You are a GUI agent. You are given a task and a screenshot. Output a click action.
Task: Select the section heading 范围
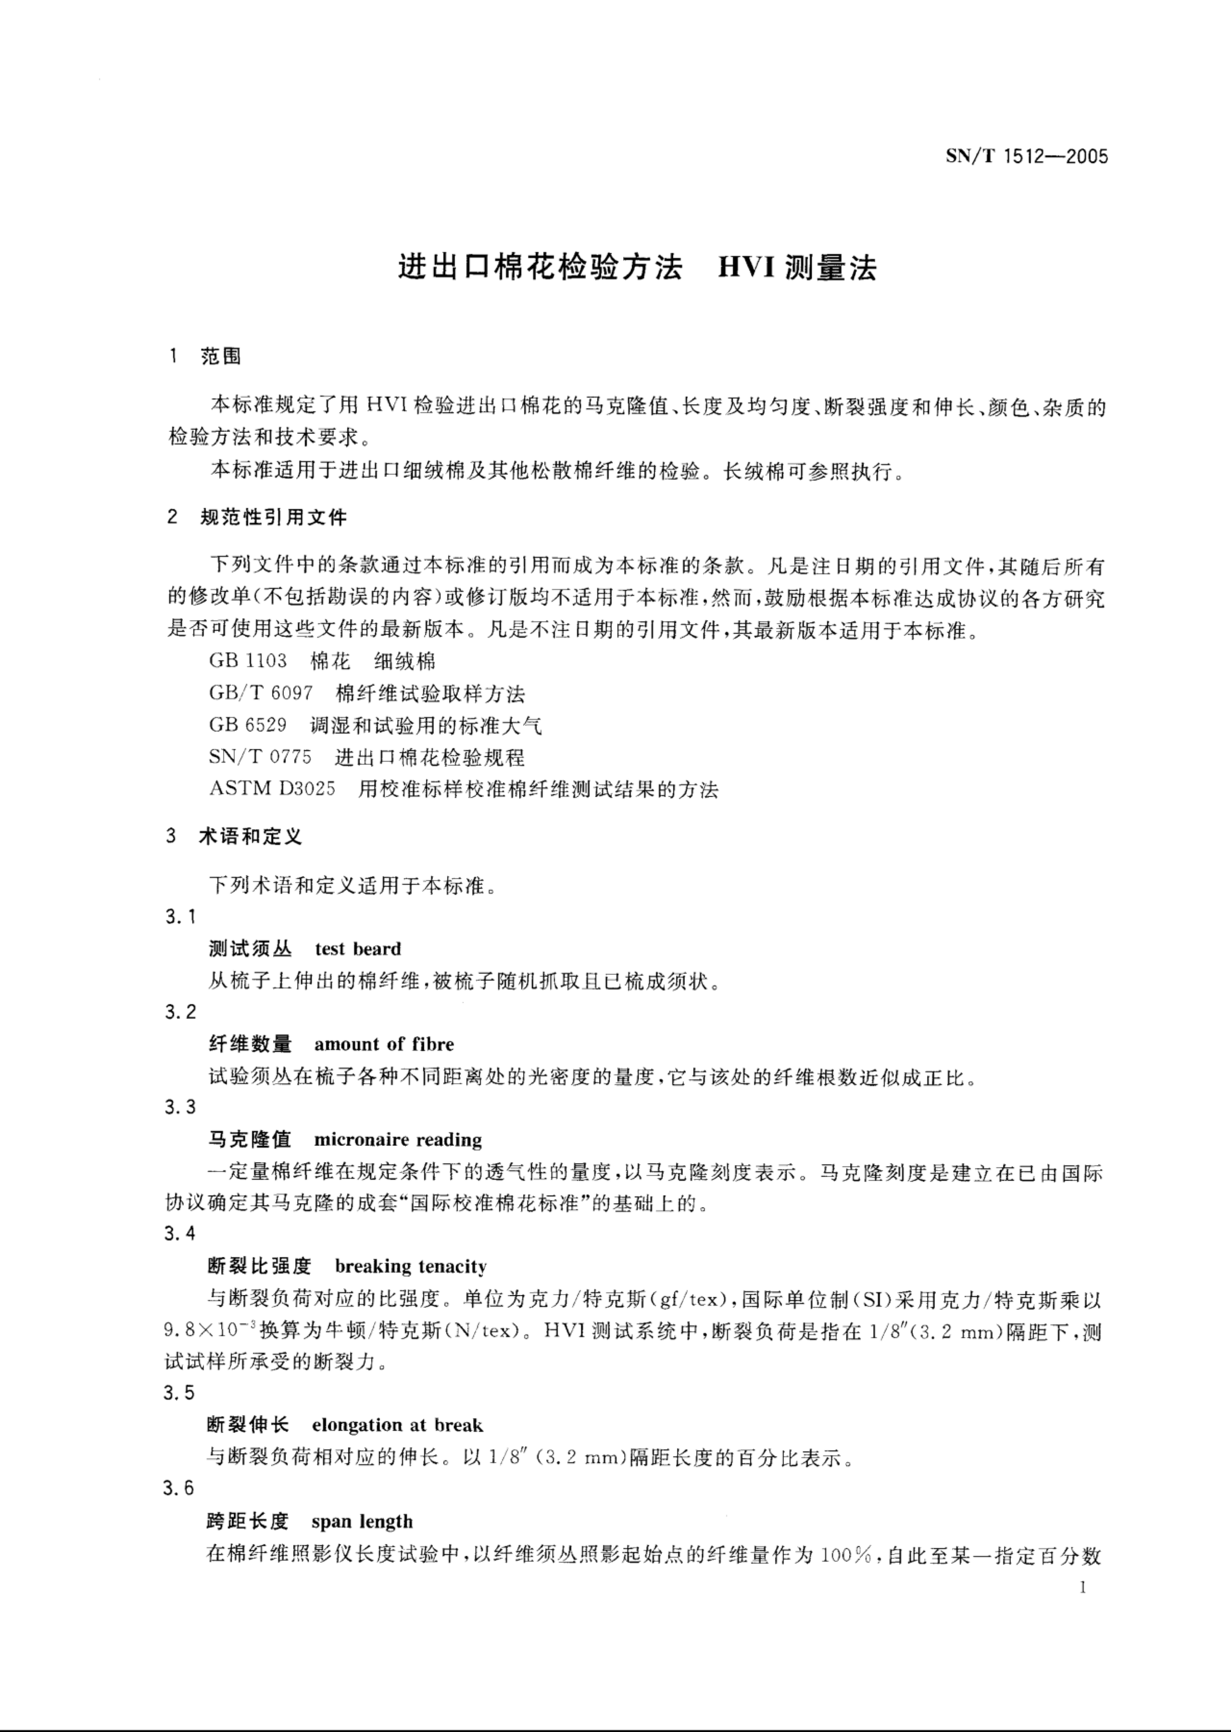221,356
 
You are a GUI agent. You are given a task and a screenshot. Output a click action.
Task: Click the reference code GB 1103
248,661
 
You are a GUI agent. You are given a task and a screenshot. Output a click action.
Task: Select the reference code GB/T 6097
261,693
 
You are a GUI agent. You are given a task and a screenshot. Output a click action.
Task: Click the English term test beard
358,949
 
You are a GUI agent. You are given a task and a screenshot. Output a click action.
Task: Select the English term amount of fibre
384,1045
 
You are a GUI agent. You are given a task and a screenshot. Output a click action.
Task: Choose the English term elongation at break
397,1425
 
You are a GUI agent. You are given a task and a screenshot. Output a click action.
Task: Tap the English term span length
362,1521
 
